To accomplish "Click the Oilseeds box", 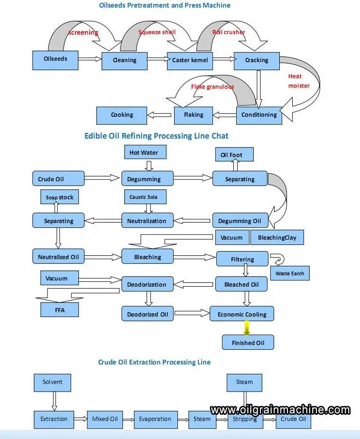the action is pyautogui.click(x=55, y=60).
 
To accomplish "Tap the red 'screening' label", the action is pyautogui.click(x=83, y=32).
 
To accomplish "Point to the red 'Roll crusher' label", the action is pyautogui.click(x=229, y=32).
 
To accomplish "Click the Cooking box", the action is pyautogui.click(x=122, y=115).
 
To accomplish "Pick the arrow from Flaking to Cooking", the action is pyautogui.click(x=159, y=115).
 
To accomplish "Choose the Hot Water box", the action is pyautogui.click(x=145, y=152).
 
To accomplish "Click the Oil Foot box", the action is pyautogui.click(x=234, y=155).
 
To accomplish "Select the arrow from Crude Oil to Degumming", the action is pyautogui.click(x=102, y=178).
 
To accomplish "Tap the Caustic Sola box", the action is pyautogui.click(x=145, y=197).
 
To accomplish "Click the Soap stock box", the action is pyautogui.click(x=60, y=197).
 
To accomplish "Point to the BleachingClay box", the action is pyautogui.click(x=277, y=237).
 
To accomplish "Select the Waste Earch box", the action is pyautogui.click(x=290, y=273).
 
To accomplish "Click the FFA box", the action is pyautogui.click(x=60, y=309).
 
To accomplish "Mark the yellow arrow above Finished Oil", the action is pyautogui.click(x=247, y=328).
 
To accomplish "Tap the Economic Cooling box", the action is pyautogui.click(x=242, y=314).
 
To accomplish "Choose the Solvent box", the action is pyautogui.click(x=52, y=383).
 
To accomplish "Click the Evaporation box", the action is pyautogui.click(x=156, y=420).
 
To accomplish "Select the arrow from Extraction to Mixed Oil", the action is pyautogui.click(x=81, y=419).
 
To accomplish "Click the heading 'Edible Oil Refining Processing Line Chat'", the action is pyautogui.click(x=157, y=136).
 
